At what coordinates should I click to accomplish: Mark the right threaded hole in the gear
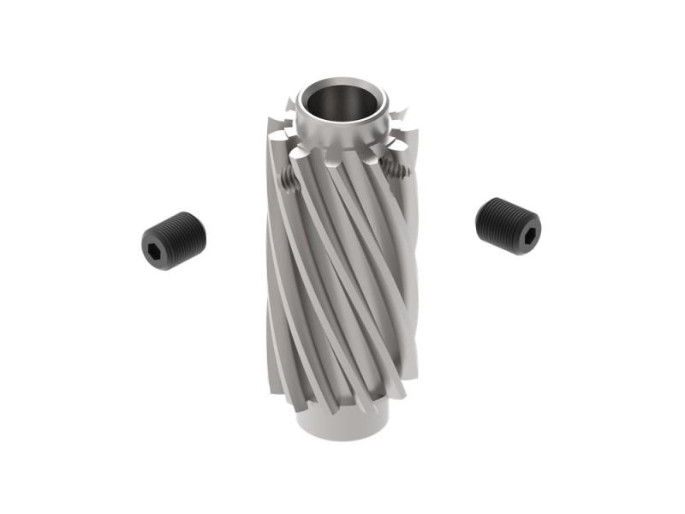pyautogui.click(x=396, y=170)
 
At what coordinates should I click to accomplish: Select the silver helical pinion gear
pyautogui.click(x=342, y=257)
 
